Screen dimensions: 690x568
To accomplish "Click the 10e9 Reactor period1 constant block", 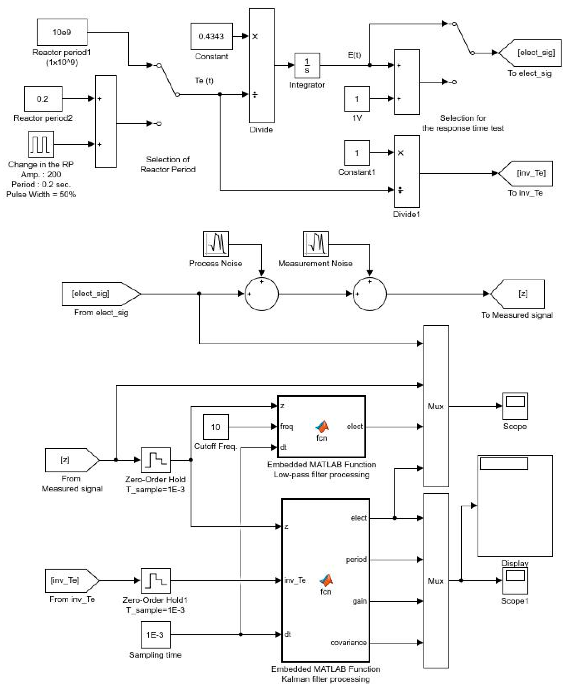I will click(x=62, y=32).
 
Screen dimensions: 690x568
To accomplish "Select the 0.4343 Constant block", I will click(x=212, y=36).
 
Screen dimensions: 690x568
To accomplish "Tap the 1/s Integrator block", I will click(x=307, y=65).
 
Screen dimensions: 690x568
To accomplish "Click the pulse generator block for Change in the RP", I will click(x=41, y=144).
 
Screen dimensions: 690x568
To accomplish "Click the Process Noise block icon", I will click(x=216, y=244).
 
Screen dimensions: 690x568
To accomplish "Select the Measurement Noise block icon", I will click(x=315, y=244).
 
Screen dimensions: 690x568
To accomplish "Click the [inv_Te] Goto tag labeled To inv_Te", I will click(x=527, y=173).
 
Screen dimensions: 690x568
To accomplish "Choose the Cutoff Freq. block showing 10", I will click(x=216, y=427).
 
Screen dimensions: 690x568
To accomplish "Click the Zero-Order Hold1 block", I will click(x=156, y=581).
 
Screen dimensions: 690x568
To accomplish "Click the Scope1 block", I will click(x=515, y=581).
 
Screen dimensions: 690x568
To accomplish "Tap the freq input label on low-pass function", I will click(x=287, y=427).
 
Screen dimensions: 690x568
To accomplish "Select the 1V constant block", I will click(x=357, y=99).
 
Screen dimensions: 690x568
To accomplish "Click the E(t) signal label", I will click(x=354, y=55).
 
